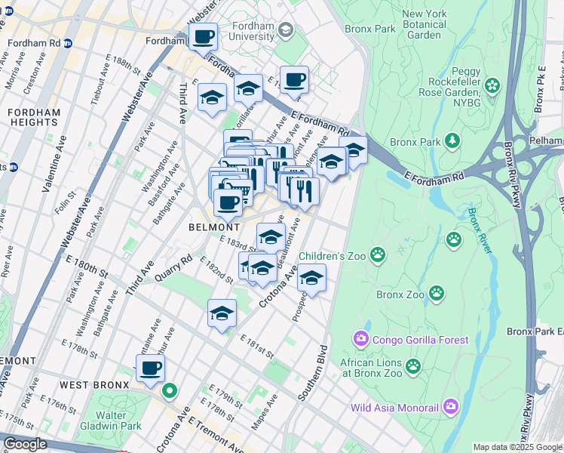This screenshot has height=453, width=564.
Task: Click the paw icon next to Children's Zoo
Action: pos(377,256)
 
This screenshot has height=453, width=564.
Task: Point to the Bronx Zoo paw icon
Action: pos(437,292)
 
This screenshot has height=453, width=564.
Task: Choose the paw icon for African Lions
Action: pos(412,366)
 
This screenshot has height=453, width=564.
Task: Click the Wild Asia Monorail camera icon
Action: pos(451,407)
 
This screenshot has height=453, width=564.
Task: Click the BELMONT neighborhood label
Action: pos(214,226)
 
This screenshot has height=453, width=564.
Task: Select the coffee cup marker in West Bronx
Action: pos(151,368)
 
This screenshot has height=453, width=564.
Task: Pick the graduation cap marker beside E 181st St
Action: pos(222,313)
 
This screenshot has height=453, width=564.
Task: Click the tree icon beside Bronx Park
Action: pos(452,141)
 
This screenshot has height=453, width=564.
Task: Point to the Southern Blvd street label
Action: pos(313,373)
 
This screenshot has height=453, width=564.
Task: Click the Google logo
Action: pos(25,444)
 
